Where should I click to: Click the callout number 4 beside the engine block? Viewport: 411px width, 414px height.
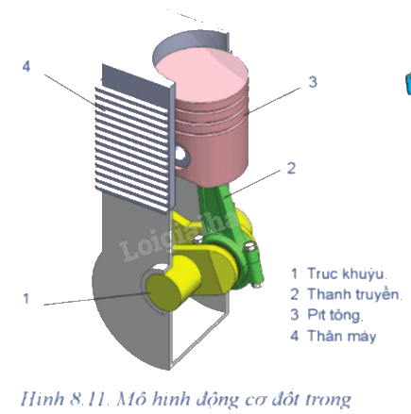(26, 67)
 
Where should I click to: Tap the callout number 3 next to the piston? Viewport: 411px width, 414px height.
(313, 82)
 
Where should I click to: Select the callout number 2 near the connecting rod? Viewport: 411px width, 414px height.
(291, 168)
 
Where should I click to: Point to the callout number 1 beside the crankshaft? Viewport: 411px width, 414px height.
(26, 298)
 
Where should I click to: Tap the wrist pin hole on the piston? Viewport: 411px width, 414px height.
(181, 155)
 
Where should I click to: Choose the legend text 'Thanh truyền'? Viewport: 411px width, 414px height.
(354, 294)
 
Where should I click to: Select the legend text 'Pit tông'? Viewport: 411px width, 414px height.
(335, 315)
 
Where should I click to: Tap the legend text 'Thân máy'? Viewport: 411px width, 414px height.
(342, 336)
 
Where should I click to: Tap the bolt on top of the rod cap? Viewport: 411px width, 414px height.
(249, 247)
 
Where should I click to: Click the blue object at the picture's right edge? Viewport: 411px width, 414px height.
(408, 83)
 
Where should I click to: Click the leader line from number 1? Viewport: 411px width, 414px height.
(97, 299)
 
